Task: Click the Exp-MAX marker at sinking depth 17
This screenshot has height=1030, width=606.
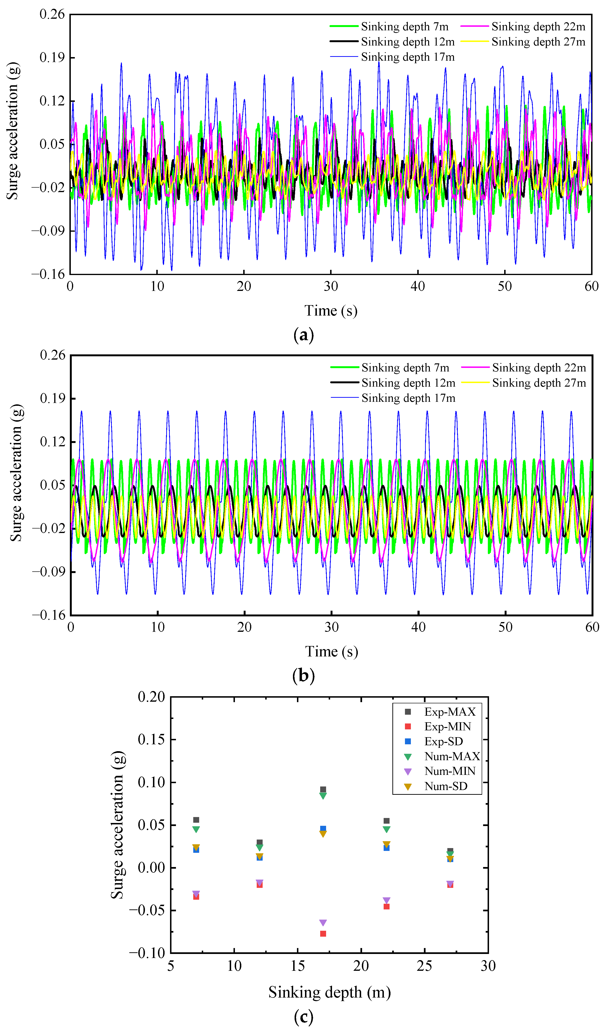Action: click(x=323, y=790)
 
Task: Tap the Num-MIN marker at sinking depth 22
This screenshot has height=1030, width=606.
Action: click(x=386, y=900)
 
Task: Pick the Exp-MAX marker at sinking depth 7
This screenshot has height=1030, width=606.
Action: click(x=196, y=820)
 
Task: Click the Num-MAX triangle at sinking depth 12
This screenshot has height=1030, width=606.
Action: click(x=260, y=848)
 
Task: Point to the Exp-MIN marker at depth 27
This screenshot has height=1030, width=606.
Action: click(x=450, y=885)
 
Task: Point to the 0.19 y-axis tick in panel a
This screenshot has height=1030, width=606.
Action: click(x=52, y=58)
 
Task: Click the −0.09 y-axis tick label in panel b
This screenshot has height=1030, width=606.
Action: click(x=49, y=571)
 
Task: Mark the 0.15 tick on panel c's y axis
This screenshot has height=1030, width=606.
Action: click(x=151, y=739)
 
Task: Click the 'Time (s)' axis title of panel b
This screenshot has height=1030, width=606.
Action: click(x=331, y=651)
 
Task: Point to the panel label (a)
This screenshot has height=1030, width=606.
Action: click(x=304, y=335)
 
